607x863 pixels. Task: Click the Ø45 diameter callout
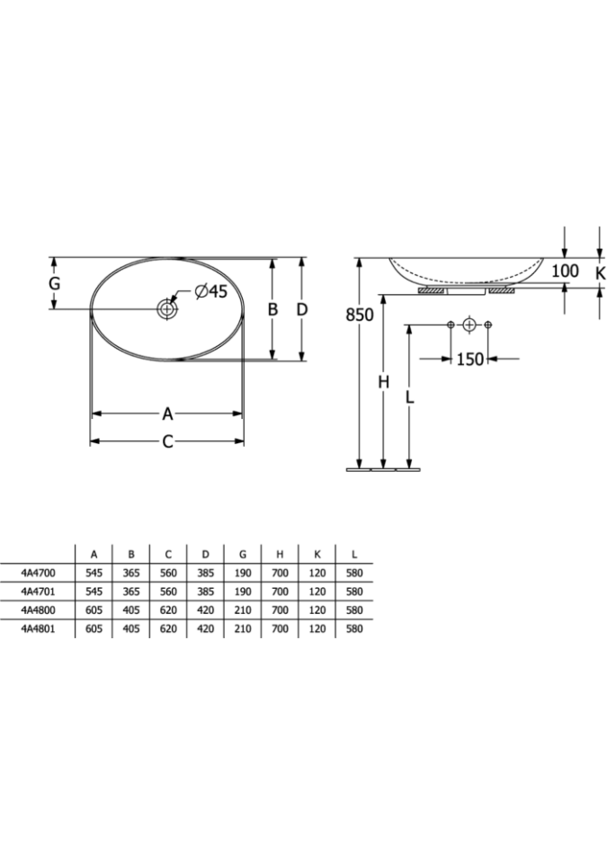click(x=210, y=290)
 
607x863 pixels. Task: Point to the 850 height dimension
click(x=359, y=315)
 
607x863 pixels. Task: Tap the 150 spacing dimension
click(x=469, y=359)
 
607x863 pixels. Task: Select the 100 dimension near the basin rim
click(x=565, y=271)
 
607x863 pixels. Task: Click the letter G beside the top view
click(x=54, y=284)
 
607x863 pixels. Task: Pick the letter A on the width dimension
click(x=167, y=414)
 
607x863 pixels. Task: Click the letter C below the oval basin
click(x=167, y=440)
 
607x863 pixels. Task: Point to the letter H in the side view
click(x=384, y=381)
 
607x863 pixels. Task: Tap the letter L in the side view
click(x=409, y=396)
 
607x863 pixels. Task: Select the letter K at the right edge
click(x=601, y=272)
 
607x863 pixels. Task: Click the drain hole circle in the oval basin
click(x=166, y=308)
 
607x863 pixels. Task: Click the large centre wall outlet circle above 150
click(x=469, y=325)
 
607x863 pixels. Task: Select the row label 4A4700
click(x=38, y=573)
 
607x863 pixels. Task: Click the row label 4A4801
click(x=38, y=628)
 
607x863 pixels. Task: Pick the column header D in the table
click(x=205, y=555)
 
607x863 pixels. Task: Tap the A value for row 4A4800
click(x=94, y=609)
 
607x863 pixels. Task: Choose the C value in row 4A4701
click(x=168, y=592)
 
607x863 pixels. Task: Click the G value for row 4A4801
click(x=243, y=628)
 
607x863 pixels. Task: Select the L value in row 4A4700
click(x=354, y=573)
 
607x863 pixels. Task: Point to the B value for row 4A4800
click(x=131, y=609)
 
